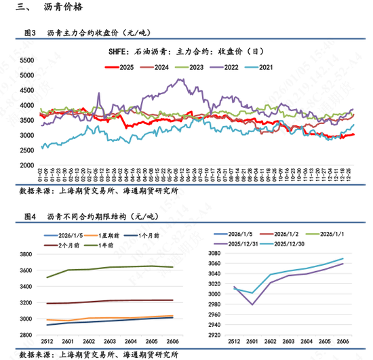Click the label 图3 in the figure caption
[x=29, y=33]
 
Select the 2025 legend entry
[x=121, y=67]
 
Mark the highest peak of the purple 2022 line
[x=180, y=79]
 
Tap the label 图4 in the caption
[x=29, y=217]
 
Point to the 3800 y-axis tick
[x=26, y=254]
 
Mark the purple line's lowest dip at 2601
[x=252, y=304]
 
